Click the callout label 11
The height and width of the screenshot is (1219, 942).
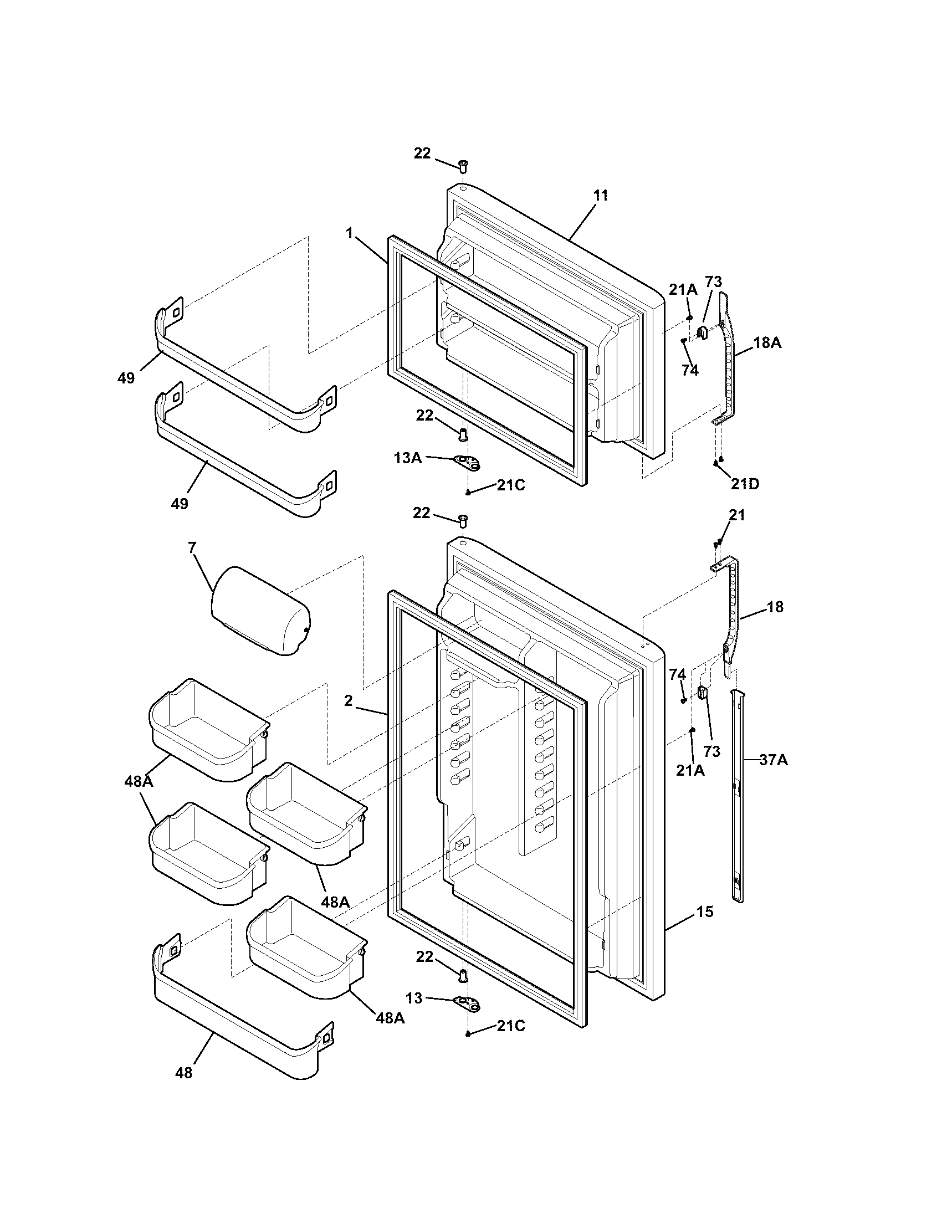(x=601, y=196)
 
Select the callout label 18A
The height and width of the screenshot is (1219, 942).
(x=767, y=344)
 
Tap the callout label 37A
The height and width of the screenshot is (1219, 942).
(x=774, y=760)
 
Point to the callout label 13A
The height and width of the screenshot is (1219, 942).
(x=407, y=458)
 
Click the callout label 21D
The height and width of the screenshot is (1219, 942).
(x=745, y=484)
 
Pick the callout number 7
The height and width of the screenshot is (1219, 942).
(x=192, y=548)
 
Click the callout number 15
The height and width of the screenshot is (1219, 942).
(x=705, y=912)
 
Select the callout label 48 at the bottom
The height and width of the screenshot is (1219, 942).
(x=183, y=1072)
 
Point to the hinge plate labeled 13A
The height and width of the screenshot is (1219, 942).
(x=468, y=461)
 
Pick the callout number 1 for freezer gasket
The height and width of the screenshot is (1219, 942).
(x=349, y=233)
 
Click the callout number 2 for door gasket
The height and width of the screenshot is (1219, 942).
(x=348, y=701)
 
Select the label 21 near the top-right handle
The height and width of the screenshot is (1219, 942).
(x=737, y=515)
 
